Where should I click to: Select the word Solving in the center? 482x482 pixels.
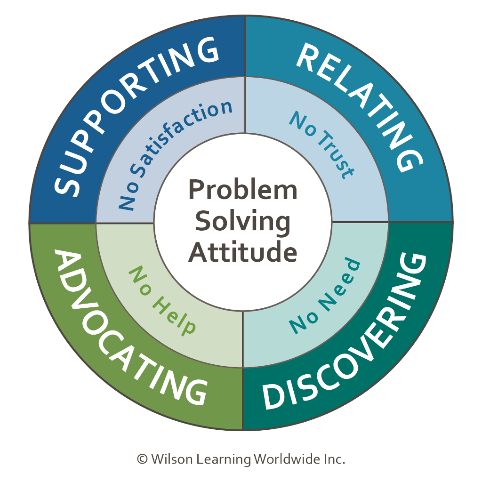click(x=242, y=221)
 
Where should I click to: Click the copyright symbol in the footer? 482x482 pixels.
click(x=142, y=459)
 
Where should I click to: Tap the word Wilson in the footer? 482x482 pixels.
click(x=168, y=459)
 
